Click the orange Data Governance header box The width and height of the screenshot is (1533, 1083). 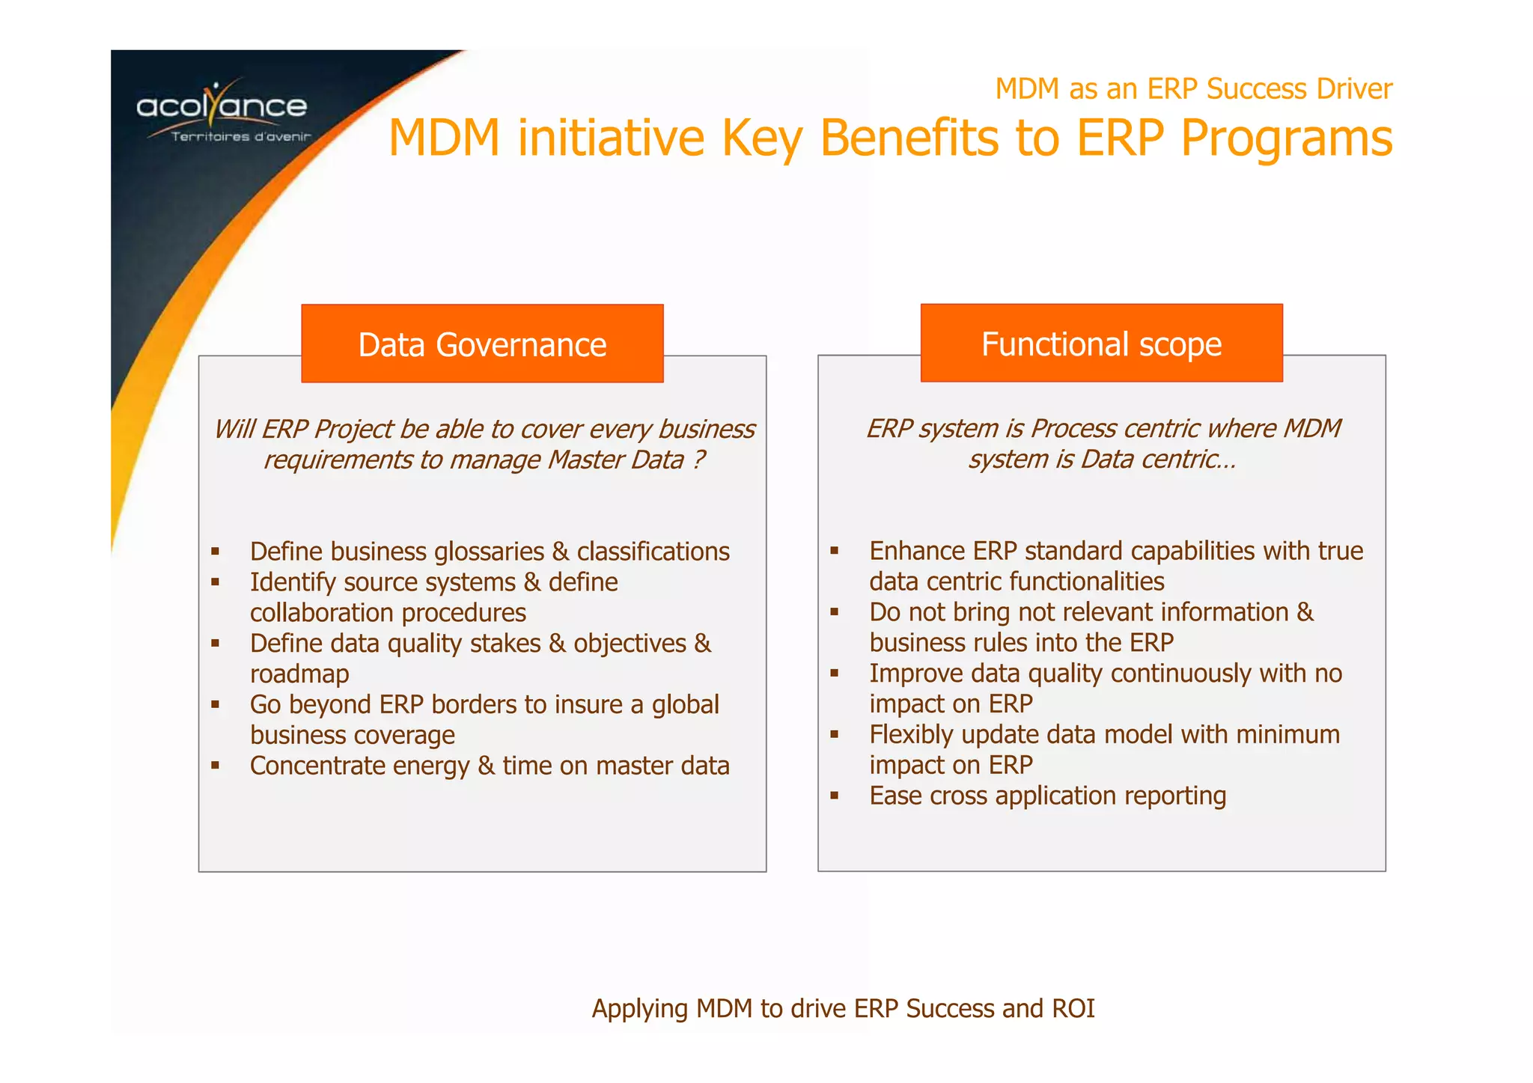(x=482, y=344)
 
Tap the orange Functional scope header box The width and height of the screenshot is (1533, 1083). (x=1101, y=344)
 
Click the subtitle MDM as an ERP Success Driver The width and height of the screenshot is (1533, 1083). (x=1193, y=89)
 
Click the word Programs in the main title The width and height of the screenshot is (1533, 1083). (x=1286, y=139)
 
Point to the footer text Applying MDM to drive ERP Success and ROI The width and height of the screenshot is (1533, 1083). (x=843, y=1008)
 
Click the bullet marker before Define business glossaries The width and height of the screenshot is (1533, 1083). (x=216, y=552)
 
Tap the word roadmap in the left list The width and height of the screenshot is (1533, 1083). (x=299, y=674)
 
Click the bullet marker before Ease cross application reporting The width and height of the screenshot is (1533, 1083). (x=835, y=796)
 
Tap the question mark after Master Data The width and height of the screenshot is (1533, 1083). (x=698, y=460)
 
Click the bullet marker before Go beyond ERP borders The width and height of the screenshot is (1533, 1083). (x=216, y=704)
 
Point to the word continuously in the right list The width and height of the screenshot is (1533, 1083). (x=1180, y=673)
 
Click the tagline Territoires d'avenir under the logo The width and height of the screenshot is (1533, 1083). (x=240, y=136)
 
